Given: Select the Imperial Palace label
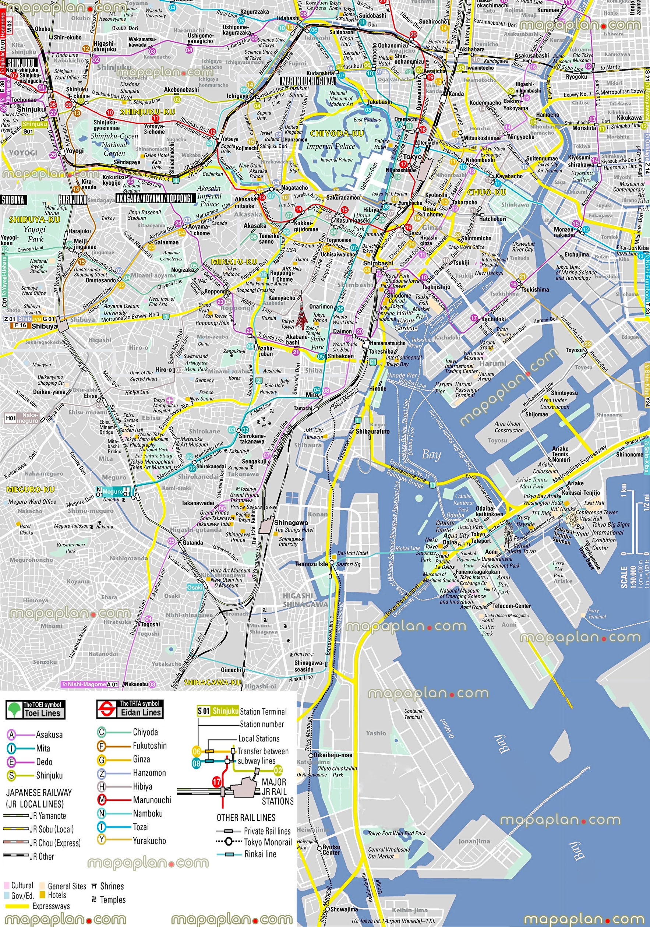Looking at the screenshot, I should click(330, 146).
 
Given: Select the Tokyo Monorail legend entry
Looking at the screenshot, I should click(267, 842).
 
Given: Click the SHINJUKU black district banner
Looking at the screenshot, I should click(21, 63).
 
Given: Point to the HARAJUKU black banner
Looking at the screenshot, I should click(73, 200).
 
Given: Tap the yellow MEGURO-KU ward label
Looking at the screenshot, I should click(30, 489).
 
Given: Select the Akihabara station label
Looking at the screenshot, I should click(472, 49).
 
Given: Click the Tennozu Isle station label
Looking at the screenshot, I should click(311, 564).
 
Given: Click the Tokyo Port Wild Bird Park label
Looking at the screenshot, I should click(396, 833).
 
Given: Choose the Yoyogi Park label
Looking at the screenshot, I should click(35, 234).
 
